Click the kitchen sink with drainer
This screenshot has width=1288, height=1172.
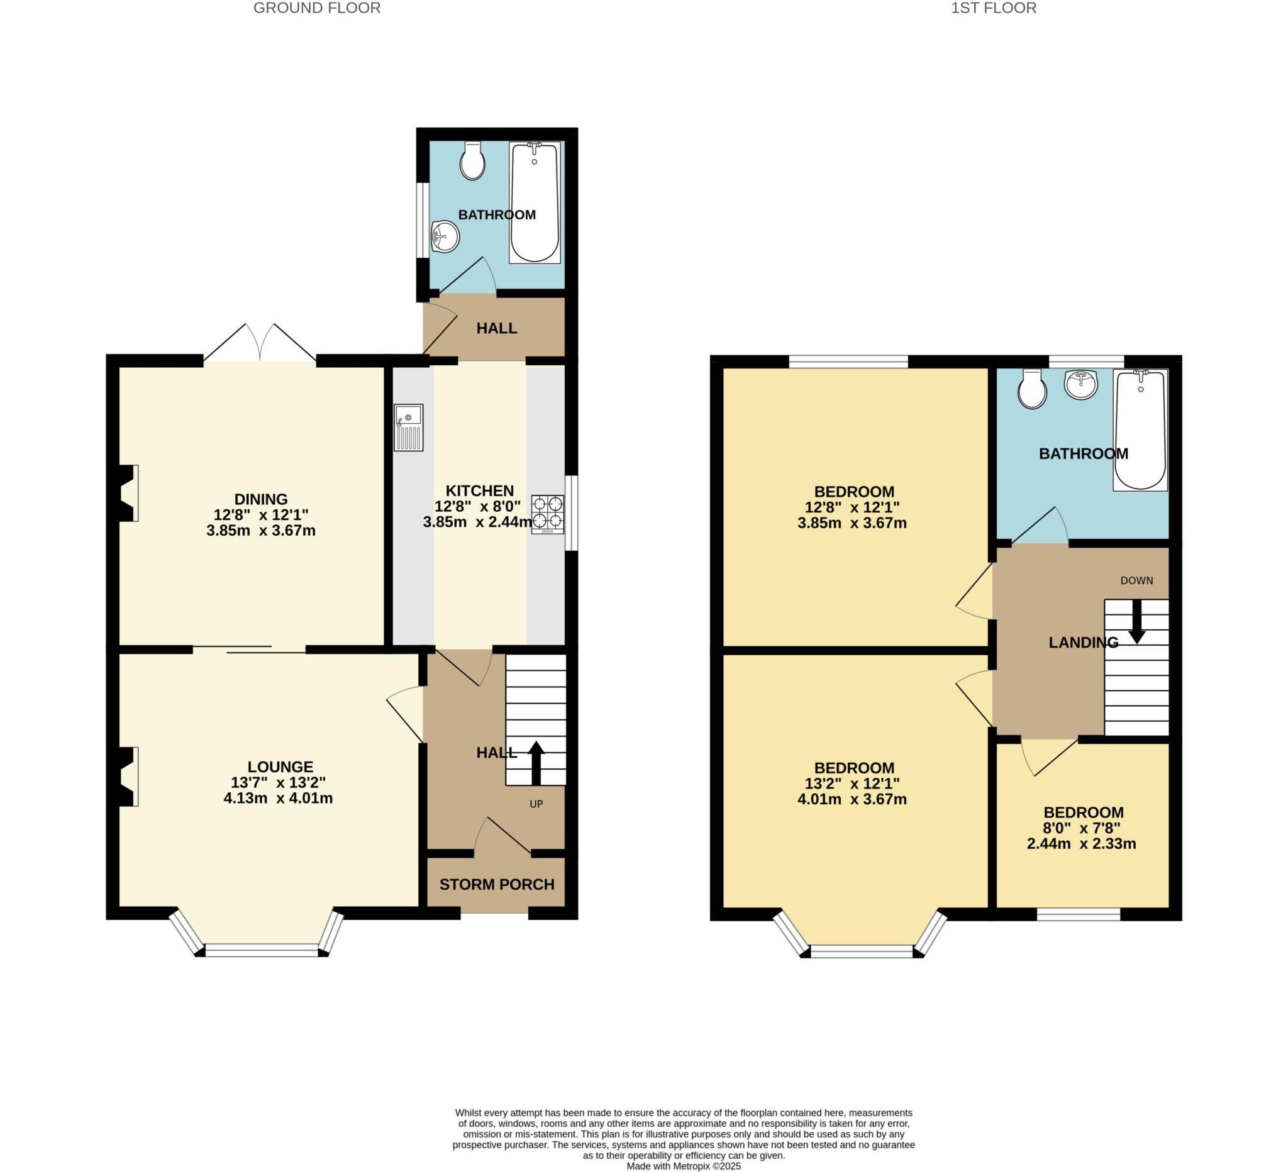click(x=408, y=428)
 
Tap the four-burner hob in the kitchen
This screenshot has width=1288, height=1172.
click(x=548, y=514)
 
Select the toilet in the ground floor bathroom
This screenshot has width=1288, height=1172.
click(x=472, y=162)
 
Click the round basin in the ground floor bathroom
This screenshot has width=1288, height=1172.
click(x=445, y=237)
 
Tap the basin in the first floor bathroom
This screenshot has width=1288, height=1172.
click(x=1080, y=385)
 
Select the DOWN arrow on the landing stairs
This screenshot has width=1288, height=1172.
click(x=1136, y=621)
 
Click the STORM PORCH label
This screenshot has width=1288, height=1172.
click(x=496, y=885)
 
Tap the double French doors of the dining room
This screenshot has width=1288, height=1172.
click(x=260, y=344)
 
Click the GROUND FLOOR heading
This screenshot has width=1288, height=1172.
click(x=317, y=8)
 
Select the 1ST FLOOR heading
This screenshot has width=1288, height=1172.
click(x=994, y=8)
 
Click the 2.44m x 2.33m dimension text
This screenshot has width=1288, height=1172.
click(x=1081, y=844)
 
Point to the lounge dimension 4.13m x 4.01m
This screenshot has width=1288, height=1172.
click(x=278, y=798)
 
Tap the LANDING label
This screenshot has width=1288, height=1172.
click(x=1083, y=643)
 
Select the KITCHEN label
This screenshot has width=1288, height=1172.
click(x=479, y=490)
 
